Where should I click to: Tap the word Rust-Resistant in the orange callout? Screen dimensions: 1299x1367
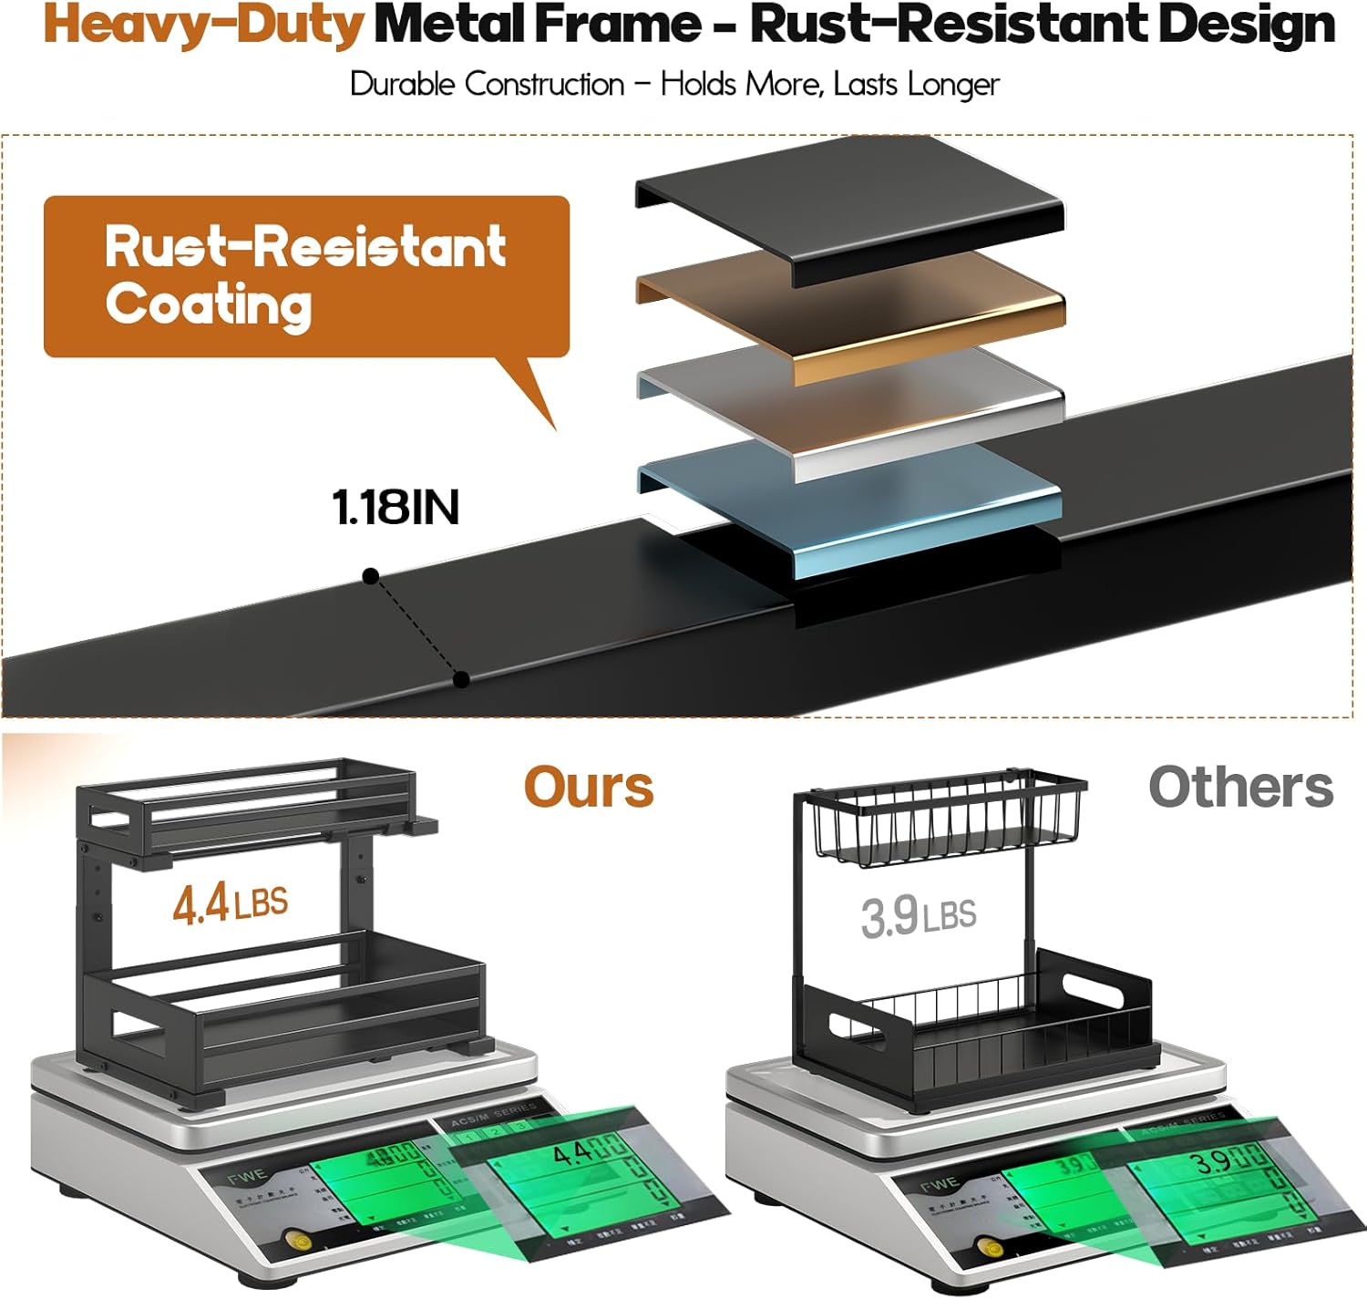point(305,246)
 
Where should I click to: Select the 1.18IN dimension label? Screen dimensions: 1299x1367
point(396,507)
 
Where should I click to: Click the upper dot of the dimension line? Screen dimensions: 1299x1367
point(370,576)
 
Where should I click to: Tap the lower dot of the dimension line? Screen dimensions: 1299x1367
point(461,679)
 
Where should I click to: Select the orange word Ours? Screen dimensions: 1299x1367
point(589,787)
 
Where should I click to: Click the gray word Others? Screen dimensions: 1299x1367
point(1240,787)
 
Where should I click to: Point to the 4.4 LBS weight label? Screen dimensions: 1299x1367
point(230,903)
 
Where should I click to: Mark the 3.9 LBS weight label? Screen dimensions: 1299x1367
point(918,915)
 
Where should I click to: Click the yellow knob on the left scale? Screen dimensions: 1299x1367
point(294,1240)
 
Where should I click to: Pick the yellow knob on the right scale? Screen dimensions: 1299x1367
point(985,1247)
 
